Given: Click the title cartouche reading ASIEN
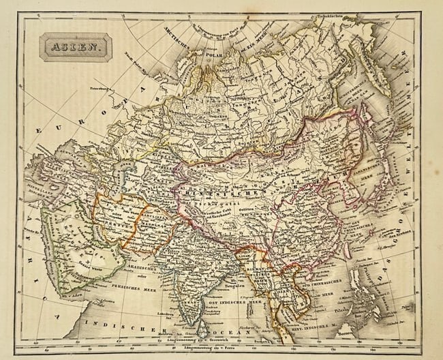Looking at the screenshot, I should pyautogui.click(x=75, y=48).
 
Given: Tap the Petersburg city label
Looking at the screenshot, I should pyautogui.click(x=101, y=89).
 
